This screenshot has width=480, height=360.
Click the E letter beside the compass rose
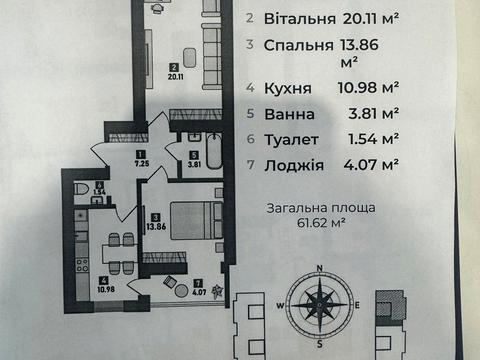pos(356,304)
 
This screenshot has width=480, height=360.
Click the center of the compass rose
pos(318,304)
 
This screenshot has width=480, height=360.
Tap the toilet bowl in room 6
pos(82,188)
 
